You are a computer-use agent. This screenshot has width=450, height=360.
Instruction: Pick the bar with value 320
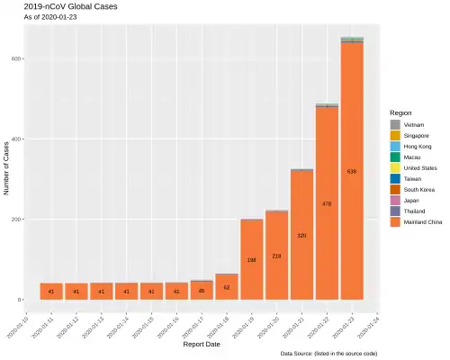pyautogui.click(x=301, y=235)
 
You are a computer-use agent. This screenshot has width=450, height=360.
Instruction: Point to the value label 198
pyautogui.click(x=252, y=260)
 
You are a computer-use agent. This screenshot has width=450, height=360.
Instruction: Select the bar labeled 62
pyautogui.click(x=227, y=286)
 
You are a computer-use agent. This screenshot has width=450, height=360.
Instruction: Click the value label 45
pyautogui.click(x=202, y=291)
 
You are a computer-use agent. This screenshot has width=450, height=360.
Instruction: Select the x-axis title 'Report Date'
pyautogui.click(x=202, y=344)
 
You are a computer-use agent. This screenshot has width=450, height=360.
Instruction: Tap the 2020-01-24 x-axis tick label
pyautogui.click(x=371, y=322)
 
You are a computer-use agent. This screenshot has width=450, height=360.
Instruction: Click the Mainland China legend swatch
pyautogui.click(x=395, y=221)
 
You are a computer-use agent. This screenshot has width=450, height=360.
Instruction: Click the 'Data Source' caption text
pyautogui.click(x=334, y=355)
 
